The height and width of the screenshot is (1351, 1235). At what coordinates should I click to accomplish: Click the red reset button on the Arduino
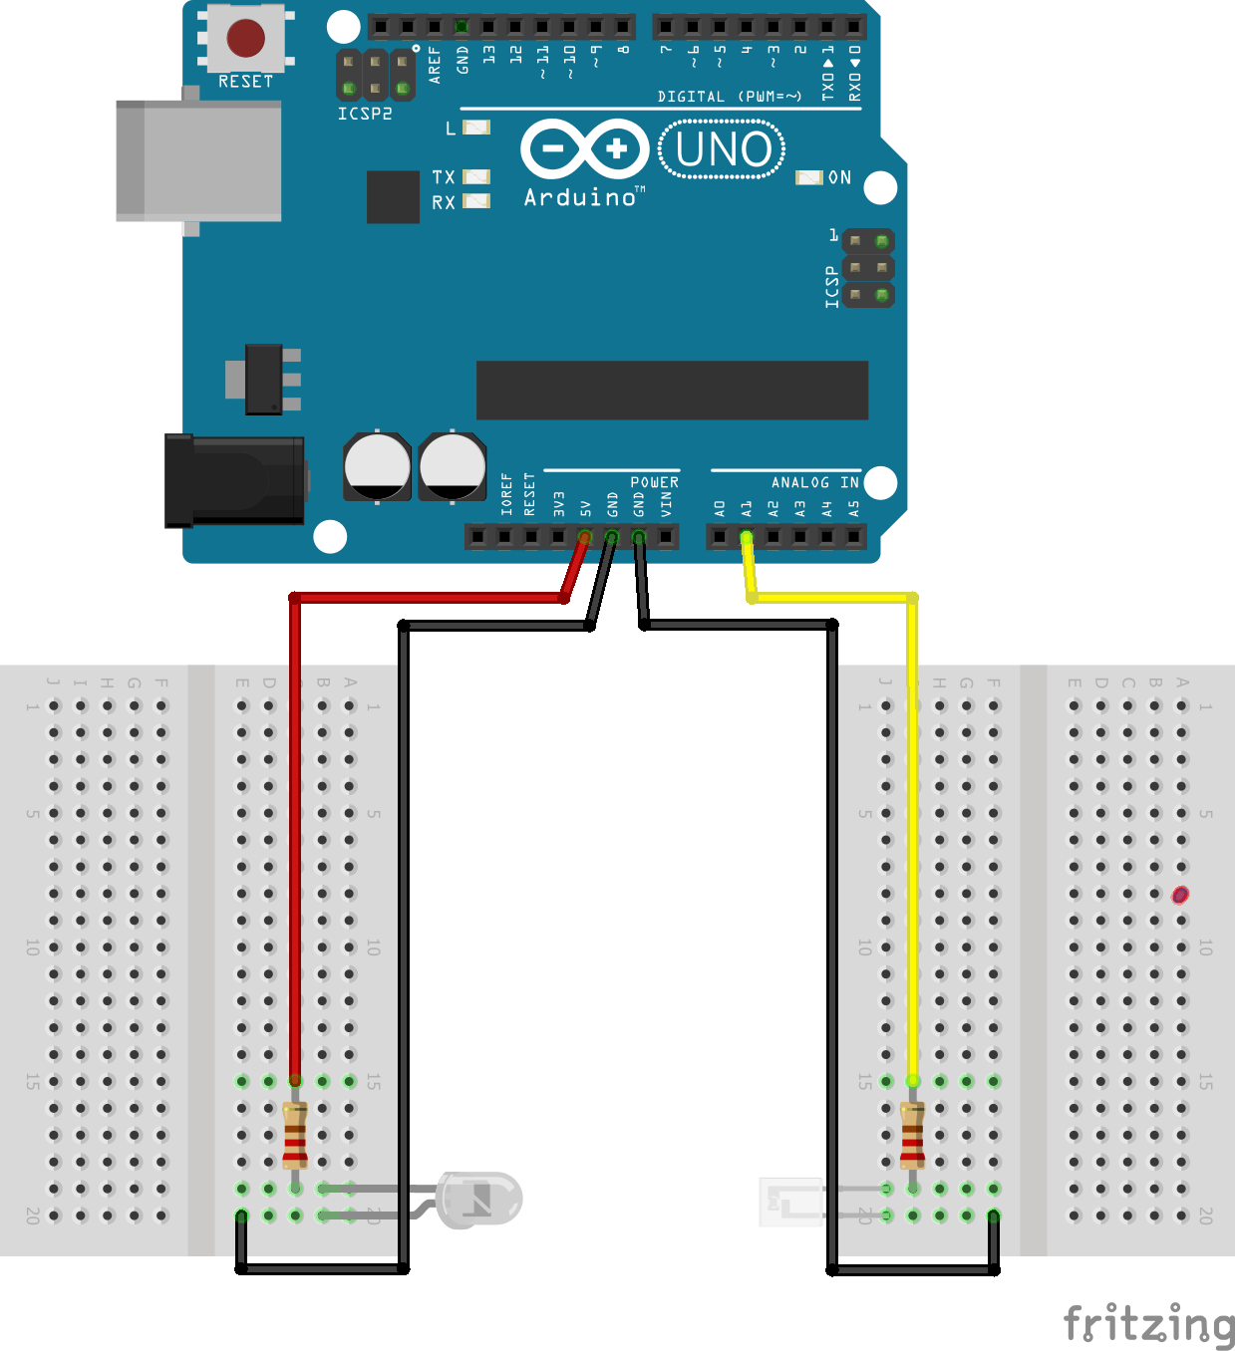tap(245, 39)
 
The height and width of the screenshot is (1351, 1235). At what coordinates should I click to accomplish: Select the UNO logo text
tap(723, 149)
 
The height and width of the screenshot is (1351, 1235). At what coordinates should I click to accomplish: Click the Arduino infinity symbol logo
tap(585, 149)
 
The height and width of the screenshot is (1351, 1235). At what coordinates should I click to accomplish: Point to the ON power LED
tap(807, 177)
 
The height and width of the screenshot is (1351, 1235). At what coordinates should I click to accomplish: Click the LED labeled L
tap(477, 128)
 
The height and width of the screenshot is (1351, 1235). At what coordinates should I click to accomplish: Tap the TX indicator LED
tap(477, 176)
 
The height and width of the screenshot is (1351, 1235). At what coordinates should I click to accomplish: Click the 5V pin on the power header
tap(585, 538)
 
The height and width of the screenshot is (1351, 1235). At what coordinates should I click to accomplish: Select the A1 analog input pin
tap(747, 538)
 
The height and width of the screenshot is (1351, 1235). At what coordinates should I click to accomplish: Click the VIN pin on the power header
tap(666, 538)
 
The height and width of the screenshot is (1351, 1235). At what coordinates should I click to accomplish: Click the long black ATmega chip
tap(672, 391)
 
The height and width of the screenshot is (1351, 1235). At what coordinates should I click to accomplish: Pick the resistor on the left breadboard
tap(295, 1135)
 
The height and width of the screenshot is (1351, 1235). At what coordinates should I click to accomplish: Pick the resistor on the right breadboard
tap(913, 1135)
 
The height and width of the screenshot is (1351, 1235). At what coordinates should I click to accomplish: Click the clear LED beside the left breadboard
tap(480, 1199)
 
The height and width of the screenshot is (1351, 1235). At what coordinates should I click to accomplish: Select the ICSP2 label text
tap(365, 114)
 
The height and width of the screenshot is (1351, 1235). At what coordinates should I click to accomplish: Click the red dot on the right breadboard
tap(1180, 895)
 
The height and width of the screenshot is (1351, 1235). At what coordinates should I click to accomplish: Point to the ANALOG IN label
tap(814, 482)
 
